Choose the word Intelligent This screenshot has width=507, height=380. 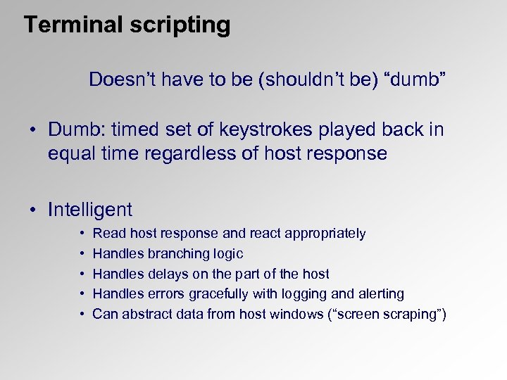[89, 210]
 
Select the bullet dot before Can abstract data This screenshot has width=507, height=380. [82, 314]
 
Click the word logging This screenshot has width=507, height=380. [306, 294]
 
